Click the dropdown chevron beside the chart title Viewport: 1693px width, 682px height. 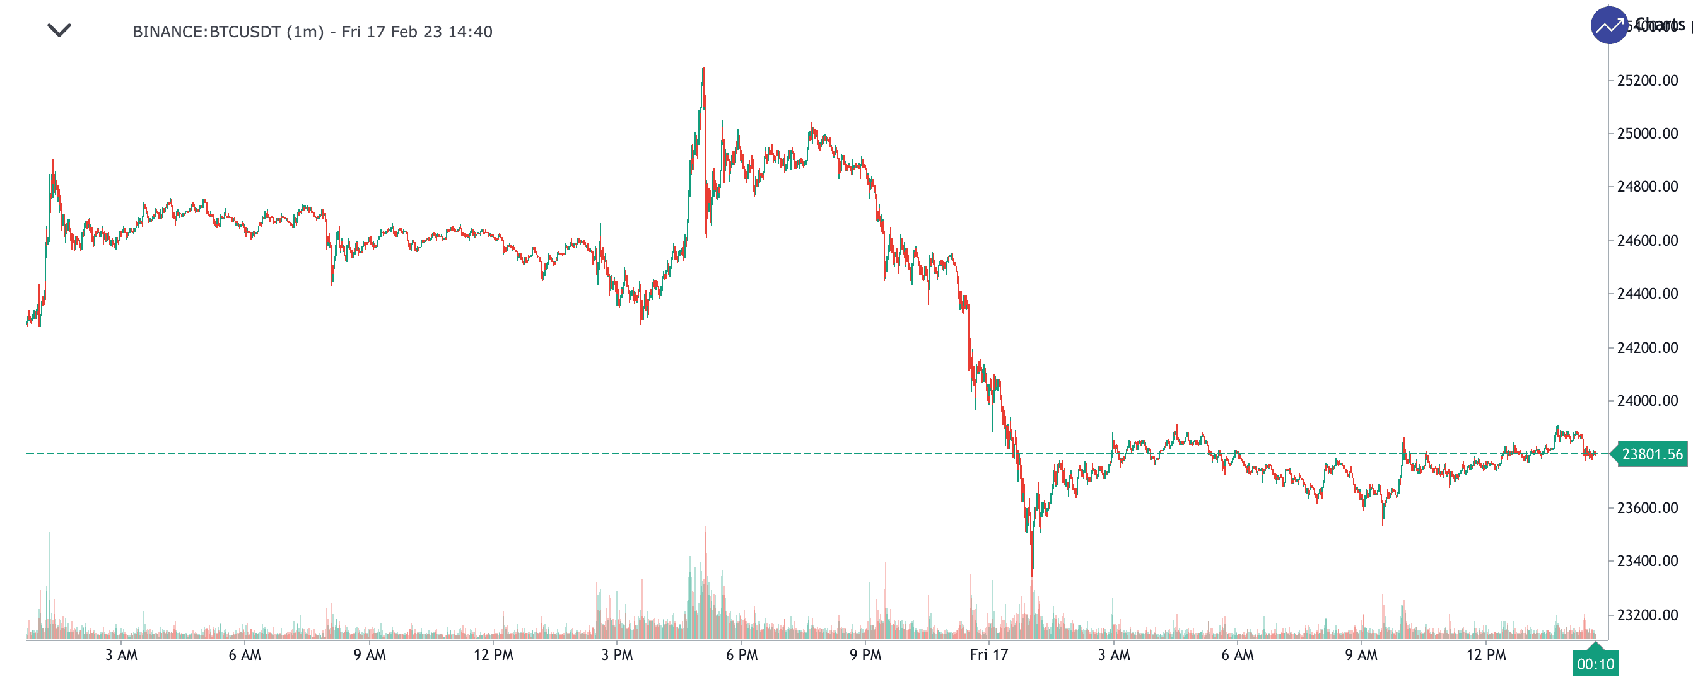click(x=59, y=30)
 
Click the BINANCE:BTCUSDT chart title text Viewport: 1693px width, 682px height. click(x=312, y=32)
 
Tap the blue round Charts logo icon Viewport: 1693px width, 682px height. click(x=1608, y=26)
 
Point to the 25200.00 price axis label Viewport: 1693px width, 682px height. click(x=1647, y=81)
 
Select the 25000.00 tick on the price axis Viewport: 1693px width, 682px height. click(x=1647, y=134)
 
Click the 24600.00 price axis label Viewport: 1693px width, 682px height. click(x=1647, y=241)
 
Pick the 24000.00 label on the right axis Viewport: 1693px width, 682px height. click(x=1647, y=401)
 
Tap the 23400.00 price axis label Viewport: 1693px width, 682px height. click(x=1647, y=561)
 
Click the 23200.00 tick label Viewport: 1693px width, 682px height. click(x=1647, y=615)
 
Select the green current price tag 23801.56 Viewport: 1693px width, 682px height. click(x=1651, y=454)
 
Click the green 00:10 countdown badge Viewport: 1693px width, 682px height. click(x=1595, y=664)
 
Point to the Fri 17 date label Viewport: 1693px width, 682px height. click(x=988, y=654)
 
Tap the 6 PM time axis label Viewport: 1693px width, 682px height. click(x=741, y=654)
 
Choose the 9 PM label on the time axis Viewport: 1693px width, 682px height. click(x=865, y=654)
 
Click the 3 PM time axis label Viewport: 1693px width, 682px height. click(x=617, y=654)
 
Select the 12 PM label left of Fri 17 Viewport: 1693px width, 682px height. click(x=493, y=654)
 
